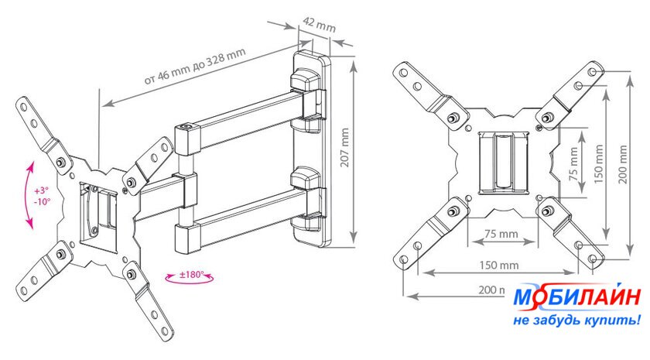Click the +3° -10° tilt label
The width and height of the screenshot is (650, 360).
point(42,195)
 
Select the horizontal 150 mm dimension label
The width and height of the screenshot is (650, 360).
point(498,265)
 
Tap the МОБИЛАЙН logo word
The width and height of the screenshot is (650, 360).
point(567,299)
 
